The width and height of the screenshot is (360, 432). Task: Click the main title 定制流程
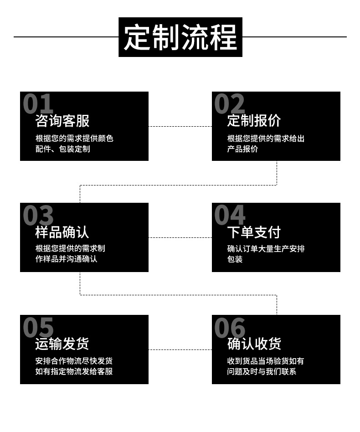(x=180, y=37)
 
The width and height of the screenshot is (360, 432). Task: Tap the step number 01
(x=38, y=104)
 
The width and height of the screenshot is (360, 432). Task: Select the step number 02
(x=230, y=104)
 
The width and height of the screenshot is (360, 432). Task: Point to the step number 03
(x=38, y=215)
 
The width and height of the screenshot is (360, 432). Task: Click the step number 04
(x=230, y=215)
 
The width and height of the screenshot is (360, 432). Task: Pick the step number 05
(x=38, y=327)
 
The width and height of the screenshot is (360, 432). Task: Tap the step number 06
(x=230, y=327)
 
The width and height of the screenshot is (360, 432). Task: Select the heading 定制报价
(x=254, y=121)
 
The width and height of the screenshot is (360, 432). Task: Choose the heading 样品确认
(x=62, y=232)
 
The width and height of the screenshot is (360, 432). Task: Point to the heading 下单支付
(x=254, y=232)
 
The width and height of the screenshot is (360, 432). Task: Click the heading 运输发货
(x=62, y=344)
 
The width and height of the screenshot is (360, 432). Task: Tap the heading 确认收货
(x=254, y=344)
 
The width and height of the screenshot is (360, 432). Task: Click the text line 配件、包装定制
(x=63, y=149)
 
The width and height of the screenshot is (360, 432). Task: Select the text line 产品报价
(x=242, y=149)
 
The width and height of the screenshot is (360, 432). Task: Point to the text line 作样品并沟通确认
(x=67, y=259)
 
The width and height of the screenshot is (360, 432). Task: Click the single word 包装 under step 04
(x=235, y=259)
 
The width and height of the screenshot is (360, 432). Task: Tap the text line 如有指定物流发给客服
(x=74, y=371)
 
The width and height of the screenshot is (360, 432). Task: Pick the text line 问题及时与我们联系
(x=262, y=371)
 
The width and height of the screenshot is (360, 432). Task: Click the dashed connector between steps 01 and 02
(x=180, y=126)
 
